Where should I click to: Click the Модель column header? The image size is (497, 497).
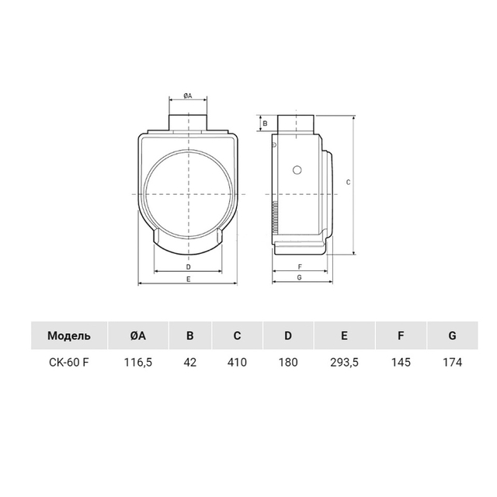[69, 335]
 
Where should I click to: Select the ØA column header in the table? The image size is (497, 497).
[138, 335]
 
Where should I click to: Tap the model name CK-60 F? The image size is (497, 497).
[69, 362]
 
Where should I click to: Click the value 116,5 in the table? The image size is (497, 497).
[138, 362]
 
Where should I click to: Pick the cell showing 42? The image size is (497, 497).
[189, 362]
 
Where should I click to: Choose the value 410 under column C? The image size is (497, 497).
[237, 362]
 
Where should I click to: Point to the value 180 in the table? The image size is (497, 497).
[288, 362]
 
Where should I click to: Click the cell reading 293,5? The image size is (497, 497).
[344, 362]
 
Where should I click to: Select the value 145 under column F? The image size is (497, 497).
[401, 362]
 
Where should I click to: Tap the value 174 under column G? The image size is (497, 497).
[452, 362]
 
